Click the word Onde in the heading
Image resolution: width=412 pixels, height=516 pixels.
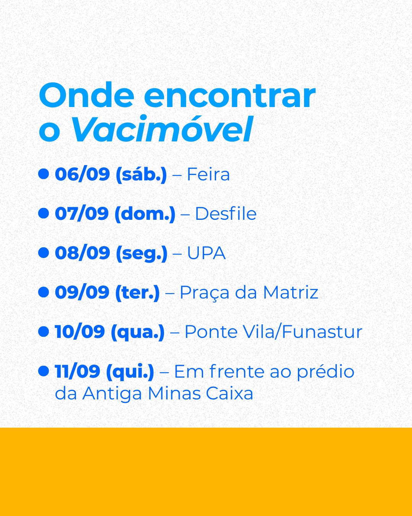[x=87, y=95]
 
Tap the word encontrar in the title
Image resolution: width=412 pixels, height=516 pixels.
[x=230, y=96]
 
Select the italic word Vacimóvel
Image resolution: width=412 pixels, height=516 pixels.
[x=162, y=129]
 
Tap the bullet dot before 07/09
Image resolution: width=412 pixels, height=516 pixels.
[x=43, y=213]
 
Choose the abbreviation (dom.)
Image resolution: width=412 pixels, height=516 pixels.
[x=145, y=214]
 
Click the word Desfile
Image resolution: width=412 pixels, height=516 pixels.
[x=226, y=213]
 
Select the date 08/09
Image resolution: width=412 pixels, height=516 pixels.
[x=82, y=253]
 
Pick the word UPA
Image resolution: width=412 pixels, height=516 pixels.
[x=206, y=253]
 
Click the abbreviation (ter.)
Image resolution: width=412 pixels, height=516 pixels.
[x=137, y=292]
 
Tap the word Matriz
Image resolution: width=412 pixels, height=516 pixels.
[x=291, y=292]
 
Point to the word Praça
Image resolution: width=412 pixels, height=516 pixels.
[x=205, y=293]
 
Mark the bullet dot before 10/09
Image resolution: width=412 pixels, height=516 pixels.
[x=43, y=332]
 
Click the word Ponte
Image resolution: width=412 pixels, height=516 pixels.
[x=211, y=332]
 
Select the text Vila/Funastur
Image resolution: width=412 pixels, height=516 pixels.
[x=303, y=332]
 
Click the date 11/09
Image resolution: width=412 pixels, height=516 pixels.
[x=77, y=372]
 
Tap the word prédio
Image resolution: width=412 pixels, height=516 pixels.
[x=326, y=372]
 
